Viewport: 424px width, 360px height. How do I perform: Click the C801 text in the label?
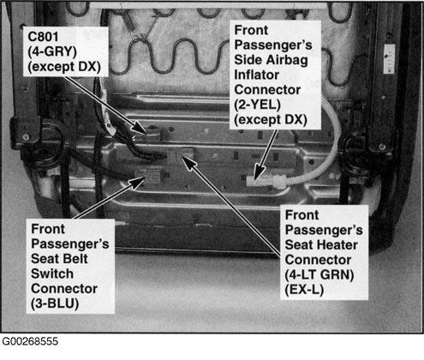click(x=43, y=37)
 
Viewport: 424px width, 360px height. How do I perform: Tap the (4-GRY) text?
click(x=52, y=52)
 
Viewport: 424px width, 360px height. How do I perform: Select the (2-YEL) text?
click(x=257, y=105)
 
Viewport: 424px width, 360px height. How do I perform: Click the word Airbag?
click(x=287, y=60)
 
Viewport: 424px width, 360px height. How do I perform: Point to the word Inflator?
click(x=256, y=75)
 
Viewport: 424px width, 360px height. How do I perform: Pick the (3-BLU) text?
click(x=55, y=303)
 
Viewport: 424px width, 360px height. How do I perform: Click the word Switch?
click(x=52, y=273)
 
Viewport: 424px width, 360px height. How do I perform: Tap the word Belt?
click(x=73, y=259)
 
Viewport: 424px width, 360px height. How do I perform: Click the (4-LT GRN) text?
click(x=319, y=275)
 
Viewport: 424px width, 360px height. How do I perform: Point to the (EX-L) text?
click(x=304, y=290)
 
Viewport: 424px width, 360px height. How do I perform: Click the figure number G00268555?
click(x=30, y=341)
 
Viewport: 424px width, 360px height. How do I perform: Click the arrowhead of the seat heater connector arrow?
click(x=188, y=162)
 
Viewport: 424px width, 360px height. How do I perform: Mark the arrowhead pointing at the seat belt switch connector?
click(x=137, y=182)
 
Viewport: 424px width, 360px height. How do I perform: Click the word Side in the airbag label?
click(x=248, y=60)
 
